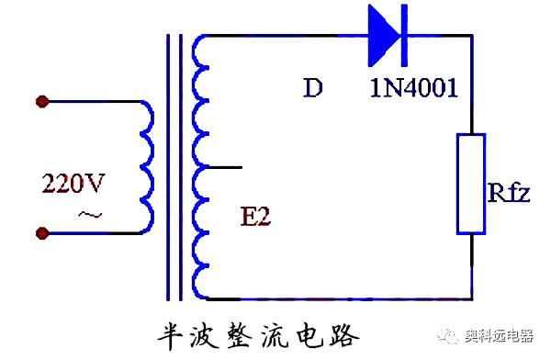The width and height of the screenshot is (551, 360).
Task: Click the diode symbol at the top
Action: [x=386, y=35]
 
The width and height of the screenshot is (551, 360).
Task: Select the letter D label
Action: [x=312, y=89]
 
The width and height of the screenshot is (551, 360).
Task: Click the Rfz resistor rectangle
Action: [x=471, y=184]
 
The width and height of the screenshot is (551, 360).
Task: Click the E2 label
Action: [x=258, y=217]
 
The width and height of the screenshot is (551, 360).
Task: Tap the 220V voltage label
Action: [x=73, y=184]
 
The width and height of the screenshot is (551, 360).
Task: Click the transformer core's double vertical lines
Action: [x=174, y=167]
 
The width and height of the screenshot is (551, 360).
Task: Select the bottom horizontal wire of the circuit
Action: [x=340, y=298]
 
